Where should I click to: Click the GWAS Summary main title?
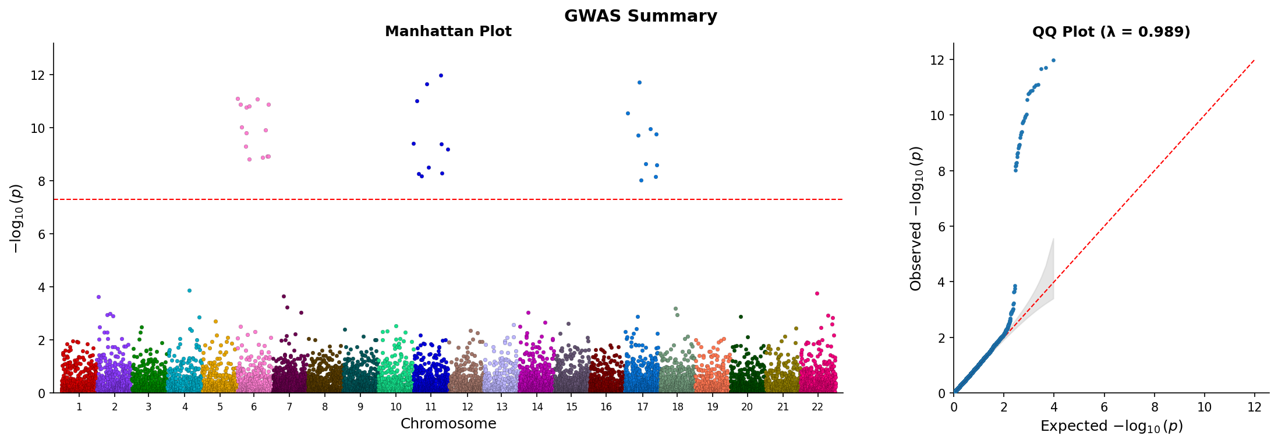pyautogui.click(x=640, y=16)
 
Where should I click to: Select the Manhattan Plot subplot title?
pyautogui.click(x=448, y=31)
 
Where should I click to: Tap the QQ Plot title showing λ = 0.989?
pyautogui.click(x=1111, y=31)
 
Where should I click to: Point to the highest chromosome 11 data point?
pyautogui.click(x=441, y=75)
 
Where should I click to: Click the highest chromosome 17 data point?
pyautogui.click(x=639, y=82)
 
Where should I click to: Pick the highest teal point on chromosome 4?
pyautogui.click(x=189, y=290)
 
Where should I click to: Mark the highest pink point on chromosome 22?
pyautogui.click(x=817, y=293)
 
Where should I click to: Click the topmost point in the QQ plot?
pyautogui.click(x=1053, y=60)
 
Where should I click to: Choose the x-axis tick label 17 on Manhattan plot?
pyautogui.click(x=642, y=407)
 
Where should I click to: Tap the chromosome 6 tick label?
pyautogui.click(x=254, y=407)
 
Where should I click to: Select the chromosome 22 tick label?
pyautogui.click(x=817, y=407)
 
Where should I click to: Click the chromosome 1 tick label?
pyautogui.click(x=79, y=407)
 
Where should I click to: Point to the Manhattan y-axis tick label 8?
pyautogui.click(x=41, y=181)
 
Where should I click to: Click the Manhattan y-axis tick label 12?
pyautogui.click(x=38, y=75)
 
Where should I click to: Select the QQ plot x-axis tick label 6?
pyautogui.click(x=1104, y=407)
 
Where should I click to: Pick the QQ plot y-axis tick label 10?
pyautogui.click(x=937, y=115)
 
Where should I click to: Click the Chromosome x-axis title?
pyautogui.click(x=448, y=424)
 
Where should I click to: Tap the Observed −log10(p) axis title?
pyautogui.click(x=916, y=218)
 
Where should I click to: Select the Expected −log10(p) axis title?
pyautogui.click(x=1111, y=426)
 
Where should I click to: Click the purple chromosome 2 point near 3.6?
pyautogui.click(x=98, y=297)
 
